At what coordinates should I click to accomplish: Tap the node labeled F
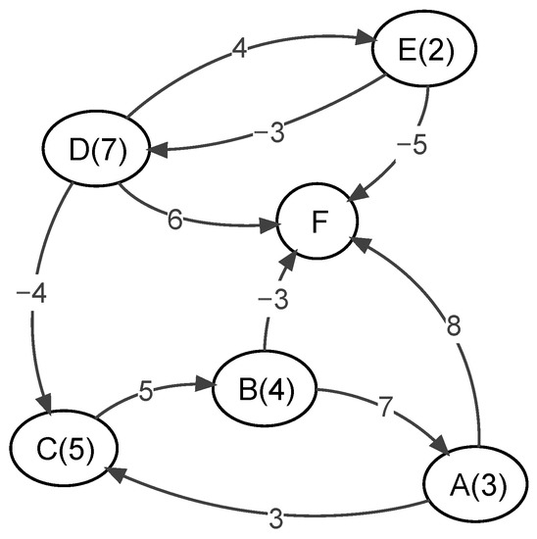tap(318, 223)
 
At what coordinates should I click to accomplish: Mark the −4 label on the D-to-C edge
tap(28, 296)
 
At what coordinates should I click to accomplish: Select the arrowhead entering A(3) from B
tap(441, 451)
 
